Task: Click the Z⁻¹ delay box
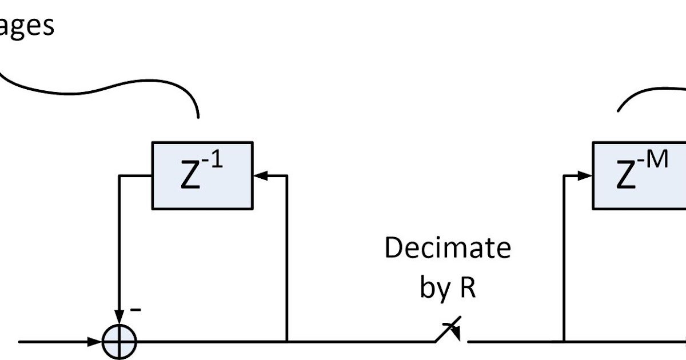click(202, 175)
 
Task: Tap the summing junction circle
click(120, 342)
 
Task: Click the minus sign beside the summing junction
click(136, 310)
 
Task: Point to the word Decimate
click(448, 249)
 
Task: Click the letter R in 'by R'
click(466, 288)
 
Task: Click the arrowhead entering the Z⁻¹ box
click(260, 175)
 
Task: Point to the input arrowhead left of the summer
click(95, 342)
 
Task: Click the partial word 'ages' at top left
click(26, 26)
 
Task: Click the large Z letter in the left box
click(190, 178)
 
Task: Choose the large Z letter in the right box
click(627, 178)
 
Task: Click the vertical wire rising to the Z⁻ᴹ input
click(564, 257)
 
